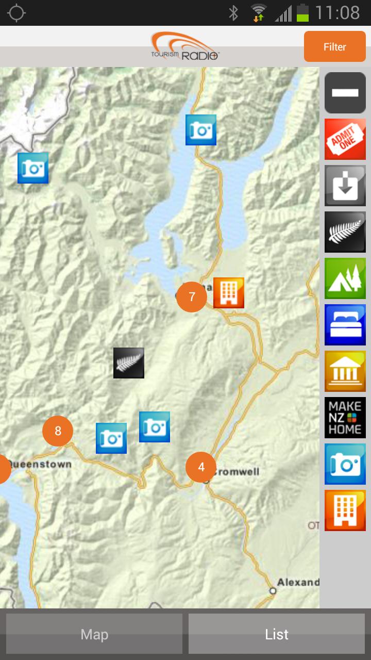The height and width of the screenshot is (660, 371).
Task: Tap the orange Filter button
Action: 334,47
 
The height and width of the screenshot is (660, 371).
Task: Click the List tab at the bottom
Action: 277,634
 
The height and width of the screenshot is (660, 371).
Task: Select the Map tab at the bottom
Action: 94,634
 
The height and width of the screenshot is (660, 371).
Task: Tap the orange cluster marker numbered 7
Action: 192,297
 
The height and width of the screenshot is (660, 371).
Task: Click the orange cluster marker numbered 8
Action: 58,431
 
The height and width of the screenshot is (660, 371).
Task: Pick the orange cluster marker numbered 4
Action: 201,467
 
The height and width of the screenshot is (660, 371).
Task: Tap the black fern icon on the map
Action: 129,363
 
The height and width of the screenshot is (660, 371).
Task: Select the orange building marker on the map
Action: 229,293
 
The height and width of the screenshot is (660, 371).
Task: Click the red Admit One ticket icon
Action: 345,139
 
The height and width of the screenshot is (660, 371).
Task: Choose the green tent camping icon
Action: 345,278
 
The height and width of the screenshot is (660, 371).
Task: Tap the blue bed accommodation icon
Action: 345,325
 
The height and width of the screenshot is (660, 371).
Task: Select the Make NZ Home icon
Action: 345,418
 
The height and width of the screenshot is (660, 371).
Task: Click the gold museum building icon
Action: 345,371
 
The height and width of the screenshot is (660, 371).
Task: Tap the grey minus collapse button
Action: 345,93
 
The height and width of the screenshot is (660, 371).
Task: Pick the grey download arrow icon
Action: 345,186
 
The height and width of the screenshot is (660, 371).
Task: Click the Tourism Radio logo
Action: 185,46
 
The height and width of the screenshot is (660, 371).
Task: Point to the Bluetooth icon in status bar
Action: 233,13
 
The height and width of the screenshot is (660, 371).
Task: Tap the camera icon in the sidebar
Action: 345,464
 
